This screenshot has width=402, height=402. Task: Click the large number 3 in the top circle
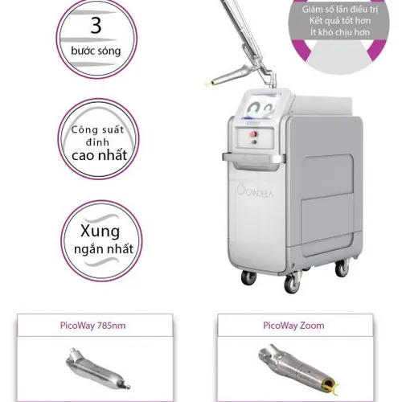[x=96, y=26]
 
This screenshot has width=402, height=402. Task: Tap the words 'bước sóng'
[x=96, y=51]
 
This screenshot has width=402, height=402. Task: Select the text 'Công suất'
[x=97, y=130]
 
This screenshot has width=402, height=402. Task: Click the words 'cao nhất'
[x=99, y=155]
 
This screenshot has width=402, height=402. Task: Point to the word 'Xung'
[x=100, y=231]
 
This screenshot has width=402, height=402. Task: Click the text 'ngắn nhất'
[x=104, y=249]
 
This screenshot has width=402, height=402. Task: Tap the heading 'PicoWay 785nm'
[x=92, y=326]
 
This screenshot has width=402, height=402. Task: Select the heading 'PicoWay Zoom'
[x=293, y=326]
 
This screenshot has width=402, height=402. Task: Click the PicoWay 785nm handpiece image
[x=98, y=368]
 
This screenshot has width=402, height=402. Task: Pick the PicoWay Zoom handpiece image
[x=298, y=370]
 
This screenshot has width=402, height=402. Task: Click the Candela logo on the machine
[x=255, y=191]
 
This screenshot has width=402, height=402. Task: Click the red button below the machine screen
[x=253, y=133]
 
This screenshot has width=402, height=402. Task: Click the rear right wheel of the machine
[x=343, y=268]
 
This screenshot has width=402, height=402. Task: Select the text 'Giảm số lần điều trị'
[x=340, y=10]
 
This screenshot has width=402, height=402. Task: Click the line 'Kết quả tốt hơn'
[x=340, y=21]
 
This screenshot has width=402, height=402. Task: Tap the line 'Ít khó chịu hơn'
[x=340, y=32]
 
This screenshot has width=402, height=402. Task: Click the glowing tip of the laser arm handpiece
[x=207, y=84]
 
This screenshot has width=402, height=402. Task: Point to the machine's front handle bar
[x=253, y=158]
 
